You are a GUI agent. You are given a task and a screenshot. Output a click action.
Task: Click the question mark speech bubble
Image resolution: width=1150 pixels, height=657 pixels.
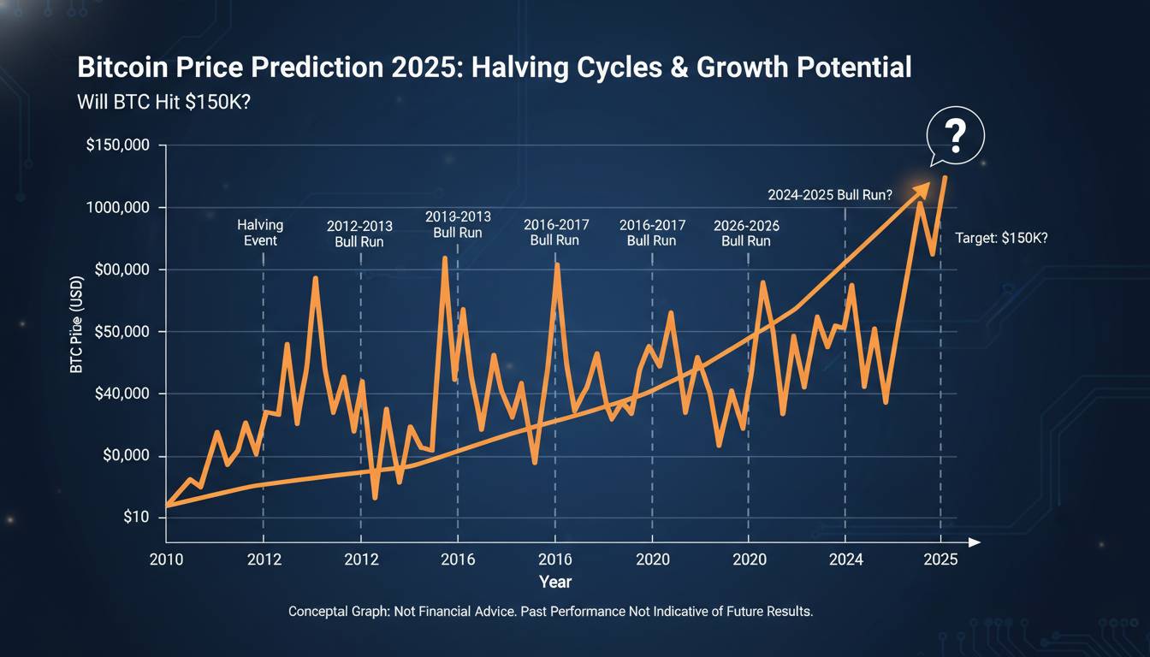(956, 135)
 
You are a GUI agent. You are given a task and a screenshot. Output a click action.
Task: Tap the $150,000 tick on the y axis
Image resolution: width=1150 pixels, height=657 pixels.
(119, 146)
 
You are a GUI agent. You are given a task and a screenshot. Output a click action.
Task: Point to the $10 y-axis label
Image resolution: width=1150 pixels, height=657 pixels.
(135, 518)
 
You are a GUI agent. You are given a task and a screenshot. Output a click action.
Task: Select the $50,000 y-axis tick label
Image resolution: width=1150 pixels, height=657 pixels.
(122, 332)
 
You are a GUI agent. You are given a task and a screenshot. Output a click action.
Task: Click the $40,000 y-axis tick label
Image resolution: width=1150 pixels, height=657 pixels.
(122, 394)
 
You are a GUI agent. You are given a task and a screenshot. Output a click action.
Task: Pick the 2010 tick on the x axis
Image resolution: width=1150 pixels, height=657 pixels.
(166, 559)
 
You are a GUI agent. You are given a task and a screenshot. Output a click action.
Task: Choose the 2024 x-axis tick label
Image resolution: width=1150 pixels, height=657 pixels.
(845, 559)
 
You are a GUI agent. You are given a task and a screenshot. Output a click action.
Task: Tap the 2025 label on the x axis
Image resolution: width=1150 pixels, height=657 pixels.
(941, 559)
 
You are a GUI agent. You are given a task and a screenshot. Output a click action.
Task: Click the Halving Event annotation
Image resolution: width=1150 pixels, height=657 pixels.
(260, 233)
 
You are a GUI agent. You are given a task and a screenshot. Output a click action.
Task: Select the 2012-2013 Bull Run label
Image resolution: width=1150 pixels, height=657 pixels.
(360, 234)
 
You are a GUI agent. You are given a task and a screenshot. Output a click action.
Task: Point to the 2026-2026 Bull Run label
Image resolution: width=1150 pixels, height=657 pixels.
(746, 234)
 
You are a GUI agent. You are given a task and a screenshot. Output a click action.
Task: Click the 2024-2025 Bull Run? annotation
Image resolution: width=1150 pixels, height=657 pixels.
(830, 195)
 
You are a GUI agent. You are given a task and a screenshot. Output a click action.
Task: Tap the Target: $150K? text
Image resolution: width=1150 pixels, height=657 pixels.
(1001, 239)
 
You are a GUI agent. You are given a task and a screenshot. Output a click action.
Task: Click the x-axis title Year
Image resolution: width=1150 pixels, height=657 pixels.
(555, 582)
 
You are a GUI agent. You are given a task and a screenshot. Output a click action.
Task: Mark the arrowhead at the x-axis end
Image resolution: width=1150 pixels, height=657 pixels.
(974, 542)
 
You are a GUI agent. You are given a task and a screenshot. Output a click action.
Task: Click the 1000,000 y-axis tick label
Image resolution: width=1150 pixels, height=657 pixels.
(119, 208)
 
